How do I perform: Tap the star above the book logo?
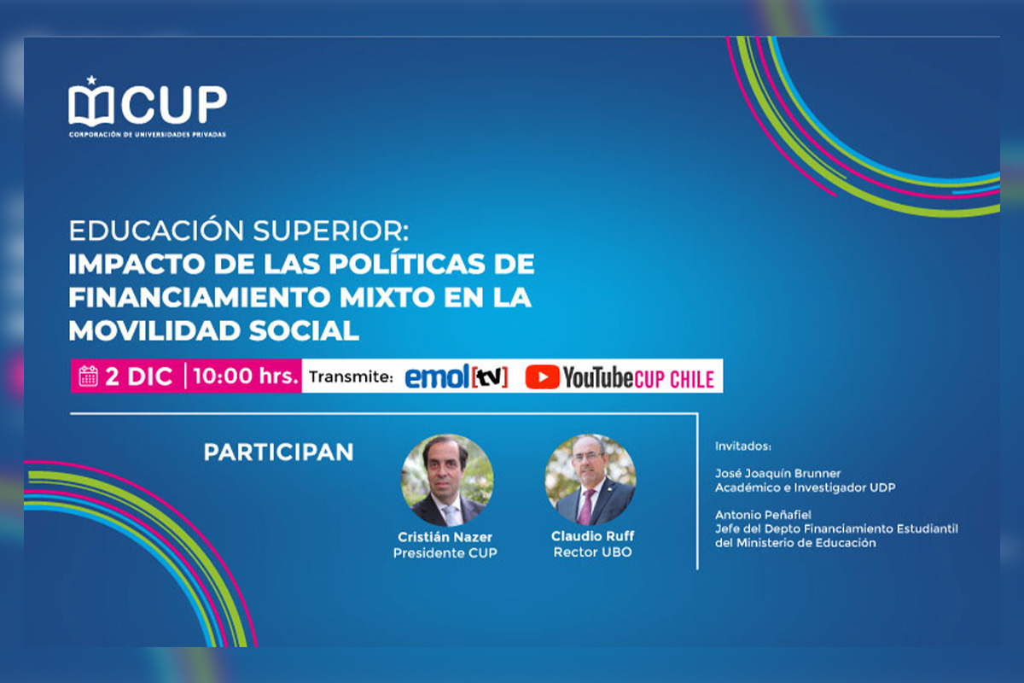pyautogui.click(x=91, y=80)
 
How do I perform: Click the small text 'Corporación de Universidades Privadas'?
pyautogui.click(x=148, y=135)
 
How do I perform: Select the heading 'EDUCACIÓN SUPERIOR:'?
pyautogui.click(x=239, y=231)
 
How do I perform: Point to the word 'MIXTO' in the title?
pyautogui.click(x=387, y=297)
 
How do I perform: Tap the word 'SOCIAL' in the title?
pyautogui.click(x=304, y=330)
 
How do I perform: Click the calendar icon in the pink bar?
pyautogui.click(x=88, y=376)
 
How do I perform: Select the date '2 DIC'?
pyautogui.click(x=138, y=377)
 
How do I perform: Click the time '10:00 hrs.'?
pyautogui.click(x=246, y=376)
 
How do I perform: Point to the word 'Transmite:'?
pyautogui.click(x=351, y=377)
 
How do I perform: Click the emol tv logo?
pyautogui.click(x=457, y=377)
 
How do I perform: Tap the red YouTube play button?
pyautogui.click(x=542, y=377)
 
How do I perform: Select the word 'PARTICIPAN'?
pyautogui.click(x=278, y=452)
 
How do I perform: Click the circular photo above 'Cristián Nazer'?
pyautogui.click(x=446, y=480)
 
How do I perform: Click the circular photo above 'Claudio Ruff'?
pyautogui.click(x=591, y=479)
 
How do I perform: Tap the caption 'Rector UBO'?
pyautogui.click(x=592, y=552)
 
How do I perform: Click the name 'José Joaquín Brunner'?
pyautogui.click(x=777, y=474)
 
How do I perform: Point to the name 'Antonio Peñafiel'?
pyautogui.click(x=763, y=515)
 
